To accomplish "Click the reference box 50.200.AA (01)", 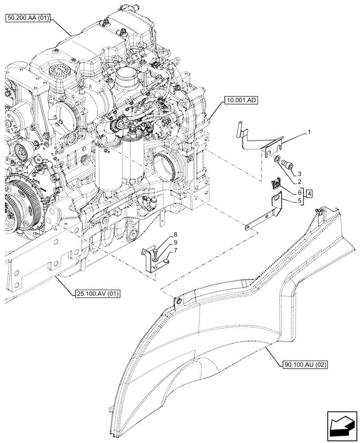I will (x=30, y=19).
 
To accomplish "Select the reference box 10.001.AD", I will (x=238, y=101).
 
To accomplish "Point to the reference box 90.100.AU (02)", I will (x=304, y=365).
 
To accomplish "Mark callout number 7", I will (x=163, y=250).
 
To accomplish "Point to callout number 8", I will (x=163, y=234).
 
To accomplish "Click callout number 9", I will (x=163, y=242).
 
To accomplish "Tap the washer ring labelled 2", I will (x=277, y=159).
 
